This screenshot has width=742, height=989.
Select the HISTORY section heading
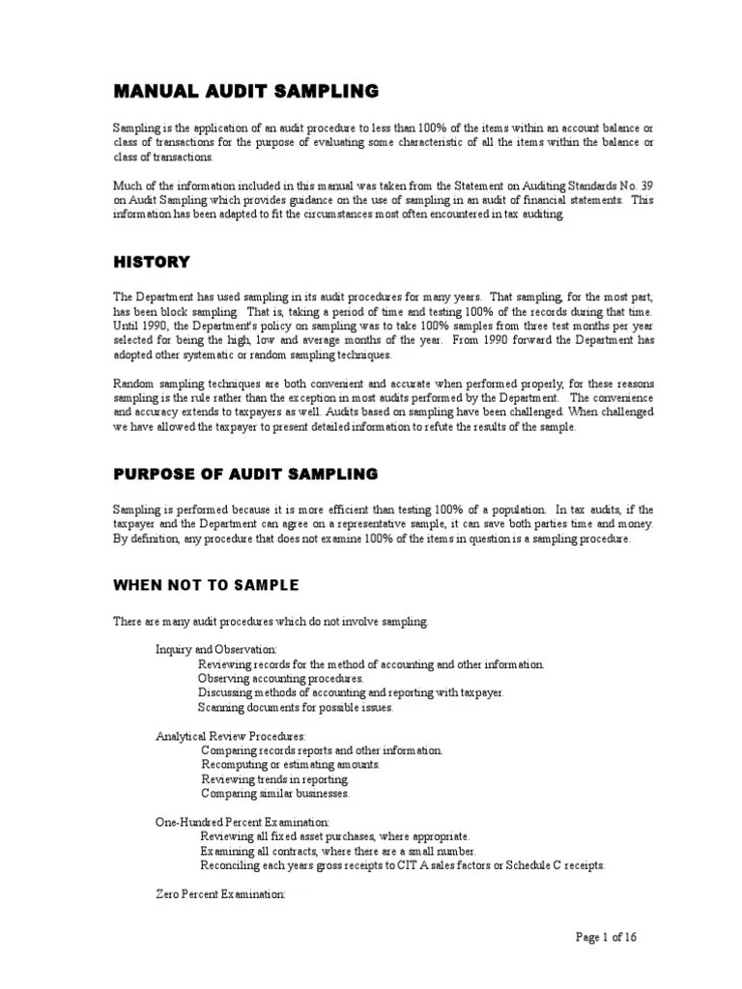coord(152,262)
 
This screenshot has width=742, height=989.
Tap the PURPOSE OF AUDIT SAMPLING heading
coord(245,474)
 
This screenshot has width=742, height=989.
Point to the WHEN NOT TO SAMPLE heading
coord(206,585)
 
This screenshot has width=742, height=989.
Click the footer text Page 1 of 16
coord(606,937)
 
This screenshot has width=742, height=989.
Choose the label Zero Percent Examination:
coord(220,894)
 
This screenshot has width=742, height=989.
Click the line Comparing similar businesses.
coord(275,794)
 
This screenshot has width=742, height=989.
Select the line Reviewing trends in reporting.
coord(274,779)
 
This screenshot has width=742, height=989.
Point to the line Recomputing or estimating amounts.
coord(290,765)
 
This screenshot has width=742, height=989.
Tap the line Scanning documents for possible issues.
coord(296,708)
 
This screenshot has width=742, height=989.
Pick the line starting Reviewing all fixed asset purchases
coord(334,836)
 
